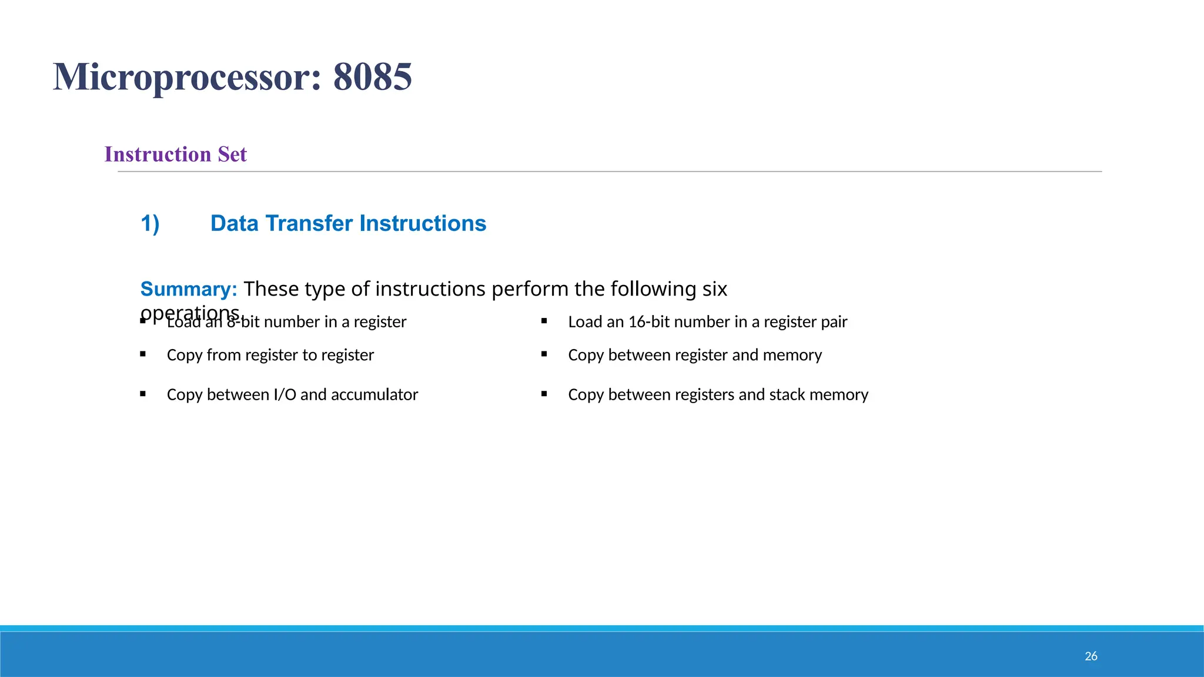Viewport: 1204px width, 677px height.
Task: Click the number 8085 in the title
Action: (372, 77)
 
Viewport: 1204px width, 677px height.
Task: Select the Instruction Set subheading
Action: (175, 154)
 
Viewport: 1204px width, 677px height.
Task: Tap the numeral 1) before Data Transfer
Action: (150, 224)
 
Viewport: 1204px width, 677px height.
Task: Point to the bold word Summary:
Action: (188, 289)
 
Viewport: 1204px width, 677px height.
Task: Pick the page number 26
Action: (1091, 656)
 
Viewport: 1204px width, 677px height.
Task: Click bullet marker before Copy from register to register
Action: (143, 354)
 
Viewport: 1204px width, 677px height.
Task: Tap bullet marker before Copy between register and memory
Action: (544, 354)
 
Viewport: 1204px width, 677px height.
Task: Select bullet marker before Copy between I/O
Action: (143, 394)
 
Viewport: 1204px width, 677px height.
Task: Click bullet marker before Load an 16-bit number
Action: (544, 321)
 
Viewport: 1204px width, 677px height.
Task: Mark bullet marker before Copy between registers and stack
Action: (544, 394)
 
